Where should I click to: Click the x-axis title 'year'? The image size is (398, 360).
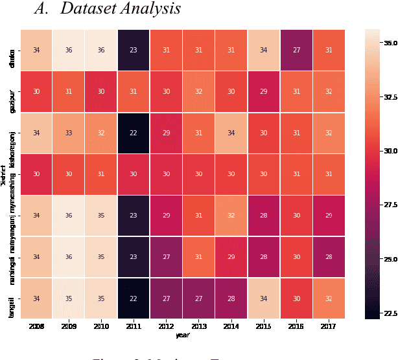click(x=183, y=335)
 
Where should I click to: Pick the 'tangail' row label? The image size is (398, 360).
click(x=12, y=298)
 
